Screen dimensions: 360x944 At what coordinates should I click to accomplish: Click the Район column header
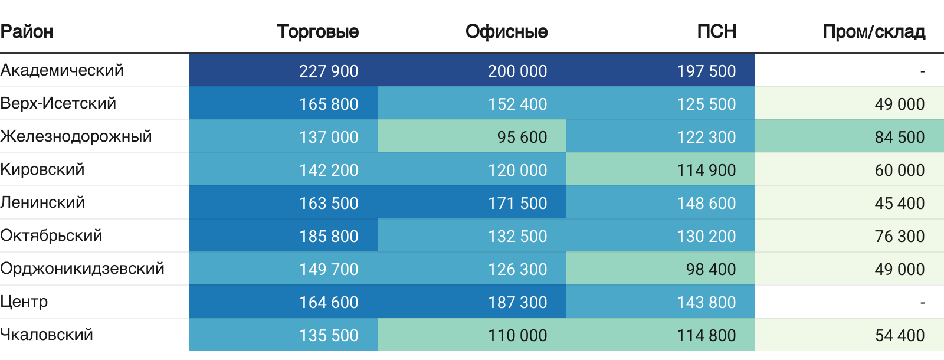tap(27, 31)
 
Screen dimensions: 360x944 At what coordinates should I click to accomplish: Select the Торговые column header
tap(317, 31)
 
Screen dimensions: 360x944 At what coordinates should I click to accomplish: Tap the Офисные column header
tap(506, 31)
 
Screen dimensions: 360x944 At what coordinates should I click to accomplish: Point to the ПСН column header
tap(716, 31)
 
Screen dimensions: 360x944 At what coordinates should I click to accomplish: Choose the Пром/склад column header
tap(873, 31)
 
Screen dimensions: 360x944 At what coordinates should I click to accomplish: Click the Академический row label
tap(62, 70)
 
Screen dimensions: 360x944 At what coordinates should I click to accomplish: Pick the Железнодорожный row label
tap(76, 136)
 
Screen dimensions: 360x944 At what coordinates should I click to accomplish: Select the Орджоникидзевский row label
tap(82, 269)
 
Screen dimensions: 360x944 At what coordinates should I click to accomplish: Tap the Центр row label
tap(24, 302)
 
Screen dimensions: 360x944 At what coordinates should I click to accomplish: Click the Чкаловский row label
tap(47, 335)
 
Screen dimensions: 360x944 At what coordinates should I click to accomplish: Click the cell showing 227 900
tap(329, 71)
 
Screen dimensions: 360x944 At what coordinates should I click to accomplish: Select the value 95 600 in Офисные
tap(522, 137)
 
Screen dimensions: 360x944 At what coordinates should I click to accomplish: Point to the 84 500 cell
tap(899, 137)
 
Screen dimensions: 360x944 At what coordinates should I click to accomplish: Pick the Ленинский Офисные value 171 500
tap(517, 203)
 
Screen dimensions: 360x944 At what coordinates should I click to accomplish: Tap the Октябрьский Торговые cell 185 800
tap(329, 236)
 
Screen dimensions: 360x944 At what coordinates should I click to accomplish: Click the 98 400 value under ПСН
tap(710, 269)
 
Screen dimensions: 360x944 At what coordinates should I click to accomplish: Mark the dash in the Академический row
tap(922, 71)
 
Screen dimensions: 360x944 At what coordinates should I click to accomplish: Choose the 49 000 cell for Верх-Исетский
tap(899, 104)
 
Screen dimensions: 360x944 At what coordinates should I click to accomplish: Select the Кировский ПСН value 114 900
tap(706, 170)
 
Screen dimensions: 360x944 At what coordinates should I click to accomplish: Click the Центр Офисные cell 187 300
tap(517, 302)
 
